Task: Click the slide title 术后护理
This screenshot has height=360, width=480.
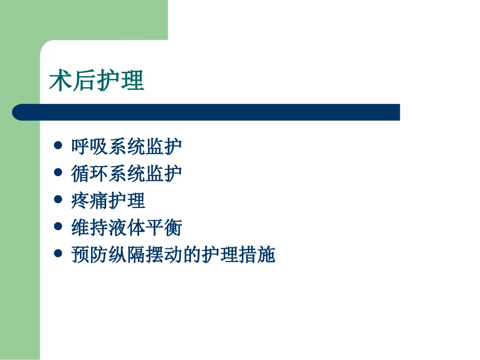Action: pos(97,81)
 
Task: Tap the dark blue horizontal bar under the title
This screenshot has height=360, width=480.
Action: pos(206,112)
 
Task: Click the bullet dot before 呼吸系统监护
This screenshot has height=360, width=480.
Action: pos(58,146)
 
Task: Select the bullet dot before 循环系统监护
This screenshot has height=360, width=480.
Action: pos(58,173)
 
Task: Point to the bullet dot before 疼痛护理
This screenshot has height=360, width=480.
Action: pos(58,200)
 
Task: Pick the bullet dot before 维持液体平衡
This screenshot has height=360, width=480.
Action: pos(58,227)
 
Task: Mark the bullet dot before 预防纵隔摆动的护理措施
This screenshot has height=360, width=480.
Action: pos(58,254)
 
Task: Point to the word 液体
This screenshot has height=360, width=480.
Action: pos(127,228)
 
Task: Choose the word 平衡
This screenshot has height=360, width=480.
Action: pos(164,228)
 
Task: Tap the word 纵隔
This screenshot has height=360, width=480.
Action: pos(127,255)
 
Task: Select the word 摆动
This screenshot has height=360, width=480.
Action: pos(164,255)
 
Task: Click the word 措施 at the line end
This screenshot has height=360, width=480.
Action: pos(257,255)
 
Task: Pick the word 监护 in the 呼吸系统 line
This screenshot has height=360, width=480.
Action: pos(164,147)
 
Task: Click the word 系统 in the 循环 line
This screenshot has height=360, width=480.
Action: pos(127,174)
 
